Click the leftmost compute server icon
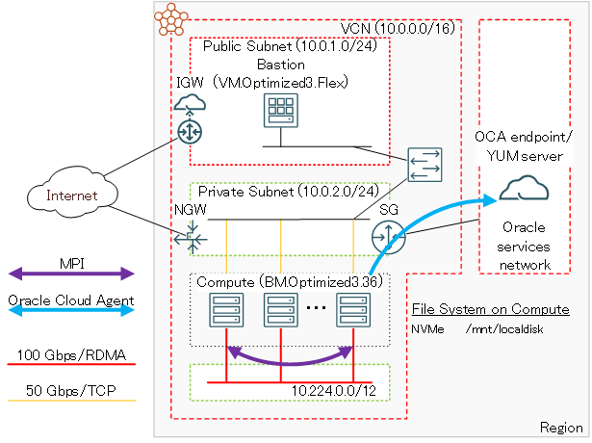(225, 311)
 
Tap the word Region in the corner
(561, 427)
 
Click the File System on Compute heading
(490, 310)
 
